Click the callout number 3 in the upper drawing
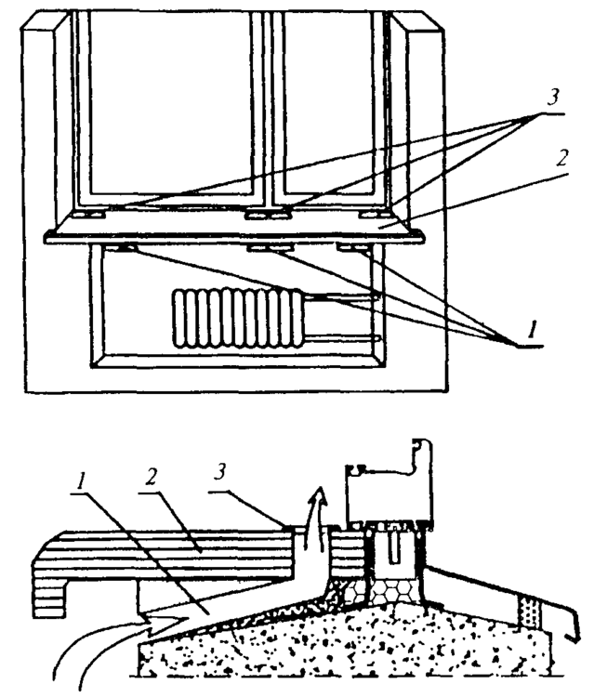tap(553, 98)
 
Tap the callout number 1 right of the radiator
tap(532, 331)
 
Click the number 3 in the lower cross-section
tap(220, 473)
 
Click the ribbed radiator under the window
tap(238, 318)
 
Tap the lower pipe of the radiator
tap(341, 339)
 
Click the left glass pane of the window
tap(170, 102)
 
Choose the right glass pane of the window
tap(328, 102)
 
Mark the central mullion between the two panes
tap(267, 109)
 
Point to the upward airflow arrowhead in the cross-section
tap(319, 495)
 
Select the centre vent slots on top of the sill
tap(267, 216)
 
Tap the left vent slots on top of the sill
tap(89, 216)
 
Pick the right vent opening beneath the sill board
tap(352, 247)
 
